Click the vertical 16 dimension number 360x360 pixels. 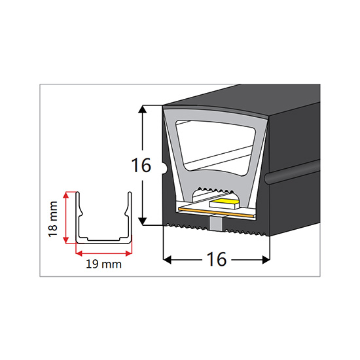[x=141, y=165]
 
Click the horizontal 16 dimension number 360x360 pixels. [x=217, y=259]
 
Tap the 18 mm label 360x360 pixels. [x=52, y=219]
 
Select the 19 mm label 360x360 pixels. [x=103, y=264]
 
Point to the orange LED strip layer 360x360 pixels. [x=217, y=213]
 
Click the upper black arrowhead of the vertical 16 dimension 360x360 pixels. [x=142, y=110]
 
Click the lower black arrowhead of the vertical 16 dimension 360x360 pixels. [x=142, y=221]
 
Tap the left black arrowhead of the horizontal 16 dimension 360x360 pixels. [x=168, y=260]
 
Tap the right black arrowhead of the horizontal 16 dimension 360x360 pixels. [x=266, y=260]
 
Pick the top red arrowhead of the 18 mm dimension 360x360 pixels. [x=66, y=194]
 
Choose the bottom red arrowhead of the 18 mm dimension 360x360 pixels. [x=66, y=240]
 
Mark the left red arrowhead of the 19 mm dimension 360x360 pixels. [x=79, y=253]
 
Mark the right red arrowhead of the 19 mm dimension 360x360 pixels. [x=129, y=253]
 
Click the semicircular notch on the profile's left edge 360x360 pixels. [x=165, y=168]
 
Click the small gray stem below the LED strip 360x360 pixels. [x=216, y=223]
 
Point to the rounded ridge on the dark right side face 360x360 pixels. [x=291, y=171]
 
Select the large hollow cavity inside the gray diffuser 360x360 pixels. [x=215, y=147]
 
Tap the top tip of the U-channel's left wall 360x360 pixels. [x=78, y=192]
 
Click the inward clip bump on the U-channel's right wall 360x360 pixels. [x=126, y=213]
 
